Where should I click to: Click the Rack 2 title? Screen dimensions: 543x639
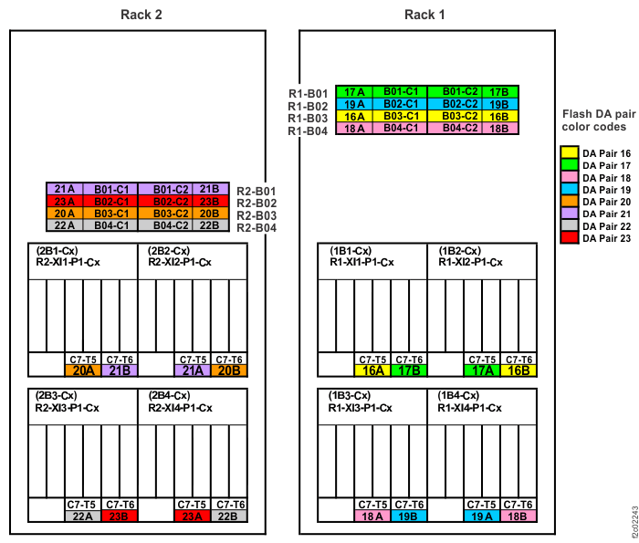coord(142,14)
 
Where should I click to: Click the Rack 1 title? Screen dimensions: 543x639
coord(424,14)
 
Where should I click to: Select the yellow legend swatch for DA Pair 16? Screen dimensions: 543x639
coord(569,154)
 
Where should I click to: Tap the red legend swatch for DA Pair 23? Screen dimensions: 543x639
coord(569,237)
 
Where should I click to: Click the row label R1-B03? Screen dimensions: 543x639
coord(309,118)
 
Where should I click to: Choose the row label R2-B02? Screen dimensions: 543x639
coord(257,203)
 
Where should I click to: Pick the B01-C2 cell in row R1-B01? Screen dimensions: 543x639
coord(460,92)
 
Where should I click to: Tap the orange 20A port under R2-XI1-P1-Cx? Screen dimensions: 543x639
coord(82,371)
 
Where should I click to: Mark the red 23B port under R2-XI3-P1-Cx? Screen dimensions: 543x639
coord(120,516)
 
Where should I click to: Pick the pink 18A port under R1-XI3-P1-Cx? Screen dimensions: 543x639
coord(372,516)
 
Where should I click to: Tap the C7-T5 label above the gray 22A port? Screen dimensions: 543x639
coord(82,504)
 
